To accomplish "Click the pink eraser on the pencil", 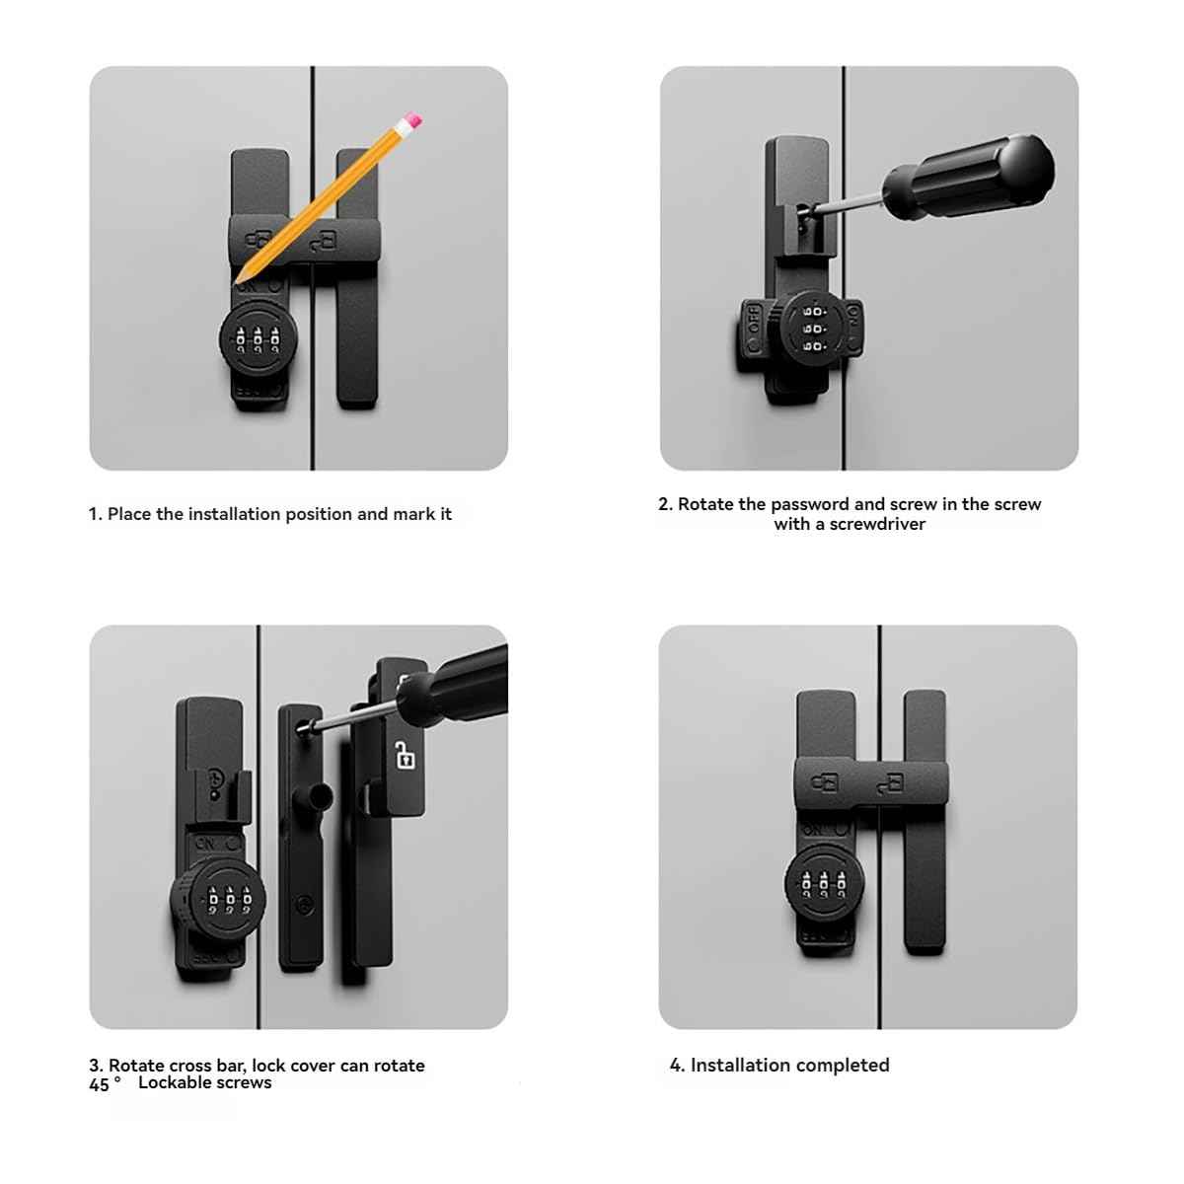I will click(x=412, y=121).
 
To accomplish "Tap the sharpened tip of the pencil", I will click(x=238, y=279).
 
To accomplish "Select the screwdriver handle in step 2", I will click(x=968, y=179).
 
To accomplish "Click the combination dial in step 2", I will click(x=814, y=328).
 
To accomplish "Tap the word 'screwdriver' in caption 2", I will click(x=877, y=524).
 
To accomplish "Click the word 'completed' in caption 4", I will click(x=842, y=1065).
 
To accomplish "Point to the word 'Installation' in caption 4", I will click(x=740, y=1065).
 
